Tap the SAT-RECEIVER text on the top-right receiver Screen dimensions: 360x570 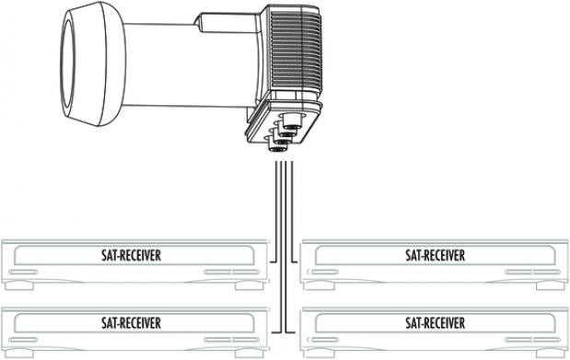tap(434, 254)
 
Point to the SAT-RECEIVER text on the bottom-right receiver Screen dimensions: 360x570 tap(434, 322)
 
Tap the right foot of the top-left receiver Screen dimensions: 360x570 tap(244, 285)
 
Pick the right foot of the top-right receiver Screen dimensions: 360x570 tap(546, 285)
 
